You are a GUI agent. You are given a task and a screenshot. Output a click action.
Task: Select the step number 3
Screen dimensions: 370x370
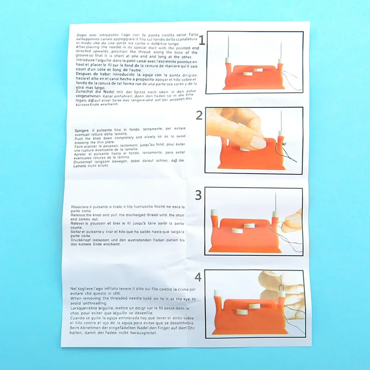(198, 195)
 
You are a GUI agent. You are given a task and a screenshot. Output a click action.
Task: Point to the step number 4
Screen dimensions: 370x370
(198, 277)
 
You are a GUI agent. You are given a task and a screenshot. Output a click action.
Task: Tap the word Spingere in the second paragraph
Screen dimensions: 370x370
(83, 131)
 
